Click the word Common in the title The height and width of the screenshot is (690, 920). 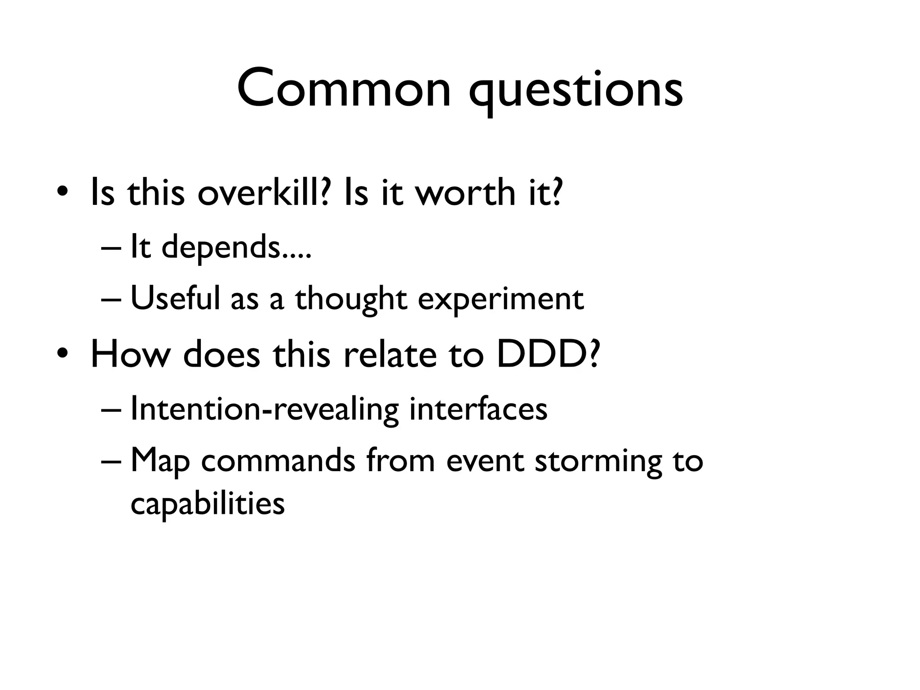pyautogui.click(x=344, y=88)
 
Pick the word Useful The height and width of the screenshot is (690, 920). pyautogui.click(x=175, y=298)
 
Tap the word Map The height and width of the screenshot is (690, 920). pyautogui.click(x=160, y=461)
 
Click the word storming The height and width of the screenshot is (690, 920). pyautogui.click(x=598, y=461)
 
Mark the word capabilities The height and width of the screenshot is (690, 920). pyautogui.click(x=208, y=503)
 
